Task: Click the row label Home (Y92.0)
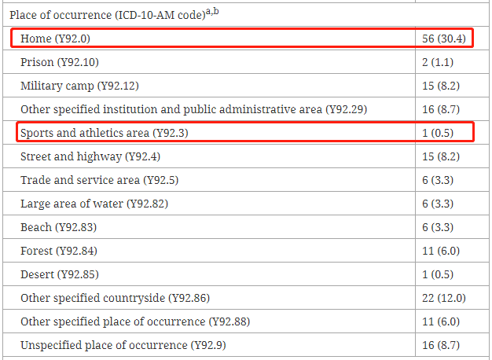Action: [x=55, y=39]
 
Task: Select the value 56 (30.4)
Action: [x=444, y=39]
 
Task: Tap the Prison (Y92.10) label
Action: [x=60, y=62]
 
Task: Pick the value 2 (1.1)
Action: [x=438, y=62]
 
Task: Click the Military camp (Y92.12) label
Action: [x=79, y=86]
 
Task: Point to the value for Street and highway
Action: [x=441, y=156]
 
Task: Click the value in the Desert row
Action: [x=438, y=274]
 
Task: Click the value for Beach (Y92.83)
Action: [x=438, y=227]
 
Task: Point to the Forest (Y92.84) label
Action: [x=59, y=251]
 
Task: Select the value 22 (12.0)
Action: [x=444, y=298]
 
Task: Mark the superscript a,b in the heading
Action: [x=212, y=12]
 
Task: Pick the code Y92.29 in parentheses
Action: [x=347, y=109]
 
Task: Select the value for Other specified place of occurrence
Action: [x=441, y=321]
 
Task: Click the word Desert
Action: [x=38, y=274]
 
